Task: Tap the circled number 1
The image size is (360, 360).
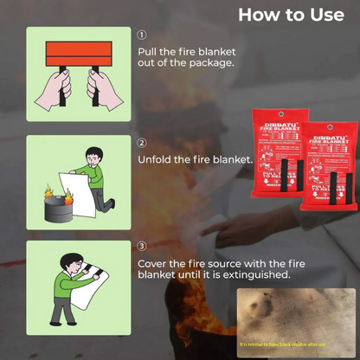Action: [142, 35]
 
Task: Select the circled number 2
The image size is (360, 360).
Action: [142, 143]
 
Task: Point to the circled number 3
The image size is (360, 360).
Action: [142, 247]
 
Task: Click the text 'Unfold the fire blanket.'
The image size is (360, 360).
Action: [195, 160]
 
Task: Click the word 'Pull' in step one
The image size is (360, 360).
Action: [148, 51]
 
